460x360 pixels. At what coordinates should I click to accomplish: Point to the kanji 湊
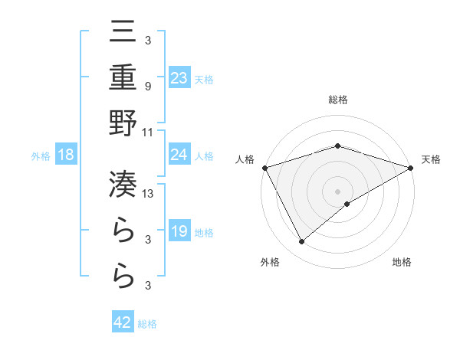click(123, 184)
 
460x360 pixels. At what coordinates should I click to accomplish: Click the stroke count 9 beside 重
click(147, 86)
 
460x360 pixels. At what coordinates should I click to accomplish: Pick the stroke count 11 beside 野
click(148, 132)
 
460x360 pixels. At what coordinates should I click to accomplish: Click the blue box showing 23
click(179, 77)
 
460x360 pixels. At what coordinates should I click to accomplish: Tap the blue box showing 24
click(179, 155)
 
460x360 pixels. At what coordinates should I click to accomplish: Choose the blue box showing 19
click(179, 231)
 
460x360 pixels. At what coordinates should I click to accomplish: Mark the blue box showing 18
click(66, 155)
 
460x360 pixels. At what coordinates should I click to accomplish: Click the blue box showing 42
click(123, 322)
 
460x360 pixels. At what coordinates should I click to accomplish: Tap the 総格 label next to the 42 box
click(147, 324)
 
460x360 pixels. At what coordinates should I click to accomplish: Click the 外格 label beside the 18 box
click(41, 156)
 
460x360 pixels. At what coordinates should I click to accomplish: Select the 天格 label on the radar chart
click(431, 159)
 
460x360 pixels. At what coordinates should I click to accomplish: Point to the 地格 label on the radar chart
click(402, 262)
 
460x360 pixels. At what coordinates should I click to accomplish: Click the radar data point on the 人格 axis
click(265, 168)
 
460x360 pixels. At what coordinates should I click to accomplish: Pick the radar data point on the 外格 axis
click(301, 242)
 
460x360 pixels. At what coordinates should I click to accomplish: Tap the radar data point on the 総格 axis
click(337, 146)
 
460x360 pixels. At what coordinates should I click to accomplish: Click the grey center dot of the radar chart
click(337, 191)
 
